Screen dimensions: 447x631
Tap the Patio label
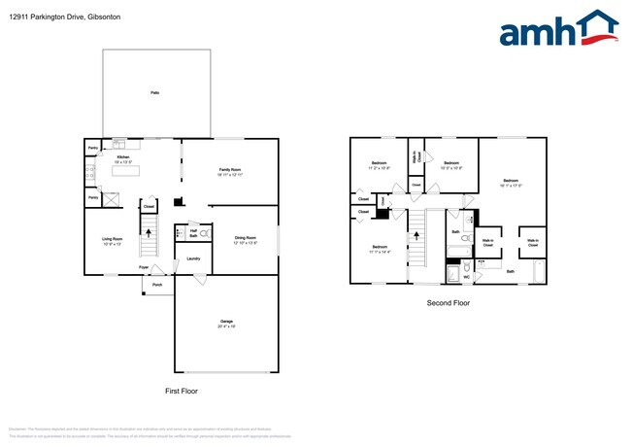154,92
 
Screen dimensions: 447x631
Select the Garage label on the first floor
225,322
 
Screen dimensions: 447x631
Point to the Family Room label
230,170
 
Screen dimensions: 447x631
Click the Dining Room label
245,238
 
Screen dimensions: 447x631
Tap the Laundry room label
193,258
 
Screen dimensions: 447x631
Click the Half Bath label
193,234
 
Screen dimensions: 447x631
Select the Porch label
157,285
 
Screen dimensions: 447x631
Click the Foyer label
143,266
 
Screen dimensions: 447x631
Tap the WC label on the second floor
466,278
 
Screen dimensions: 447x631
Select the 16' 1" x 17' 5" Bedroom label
511,182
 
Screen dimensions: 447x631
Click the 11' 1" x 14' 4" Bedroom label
381,249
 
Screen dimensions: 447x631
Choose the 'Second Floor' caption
448,303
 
